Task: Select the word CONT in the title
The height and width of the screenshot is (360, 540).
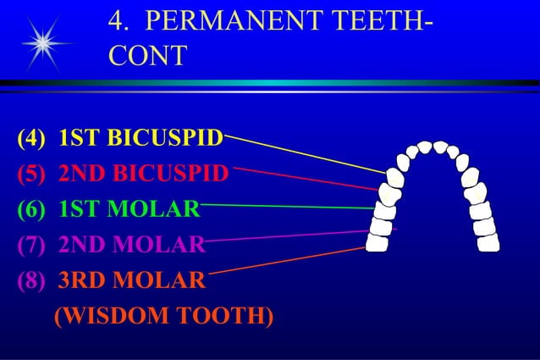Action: (x=148, y=56)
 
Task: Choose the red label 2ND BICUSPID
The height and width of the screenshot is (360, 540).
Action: (x=143, y=173)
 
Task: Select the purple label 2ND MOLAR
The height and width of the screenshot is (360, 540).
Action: (x=131, y=245)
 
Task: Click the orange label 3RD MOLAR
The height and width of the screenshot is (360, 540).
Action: (x=131, y=280)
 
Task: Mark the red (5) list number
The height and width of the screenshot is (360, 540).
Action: (x=31, y=173)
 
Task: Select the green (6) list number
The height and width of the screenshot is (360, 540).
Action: (x=31, y=208)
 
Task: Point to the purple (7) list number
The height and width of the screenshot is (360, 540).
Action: (x=31, y=245)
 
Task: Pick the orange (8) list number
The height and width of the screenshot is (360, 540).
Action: (x=31, y=280)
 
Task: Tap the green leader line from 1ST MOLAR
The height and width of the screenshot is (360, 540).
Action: (x=288, y=206)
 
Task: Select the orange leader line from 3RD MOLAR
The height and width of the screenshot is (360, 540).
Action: (x=288, y=259)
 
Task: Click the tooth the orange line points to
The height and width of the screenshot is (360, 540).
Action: (x=377, y=242)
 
